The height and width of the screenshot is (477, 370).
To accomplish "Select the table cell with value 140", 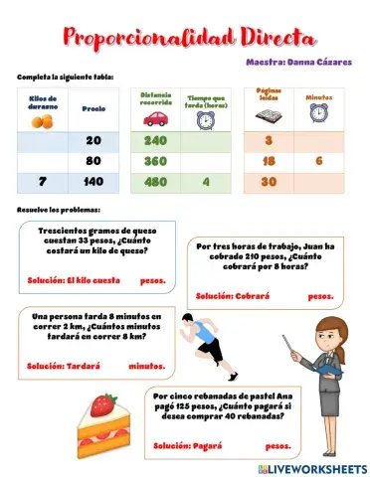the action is (x=93, y=182).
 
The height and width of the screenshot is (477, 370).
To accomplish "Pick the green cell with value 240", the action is (x=155, y=141).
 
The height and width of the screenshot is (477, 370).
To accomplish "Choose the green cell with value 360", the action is (x=155, y=161).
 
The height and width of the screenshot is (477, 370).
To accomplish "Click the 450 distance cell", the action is (x=155, y=182).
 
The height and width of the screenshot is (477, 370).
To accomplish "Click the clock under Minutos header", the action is (x=318, y=113).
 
